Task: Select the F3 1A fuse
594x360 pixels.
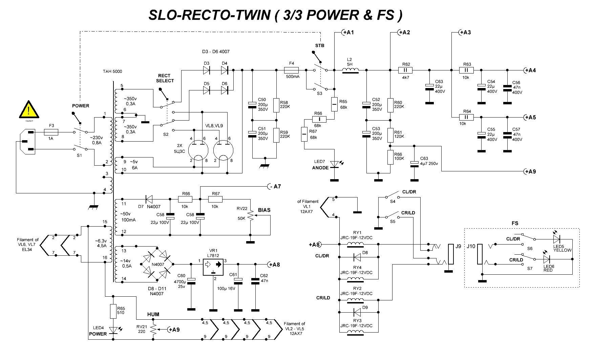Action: tap(51, 132)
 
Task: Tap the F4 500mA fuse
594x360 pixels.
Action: tap(291, 70)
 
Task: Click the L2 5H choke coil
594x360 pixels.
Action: tap(351, 70)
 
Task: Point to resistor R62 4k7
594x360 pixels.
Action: tap(406, 70)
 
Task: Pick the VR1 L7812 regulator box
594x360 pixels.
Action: tap(213, 264)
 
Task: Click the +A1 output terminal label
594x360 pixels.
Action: tap(347, 33)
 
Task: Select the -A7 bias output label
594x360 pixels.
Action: tap(275, 186)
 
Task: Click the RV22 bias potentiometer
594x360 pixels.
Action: tap(250, 215)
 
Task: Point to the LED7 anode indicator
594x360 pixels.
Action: tap(334, 164)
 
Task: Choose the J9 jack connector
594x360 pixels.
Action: tap(451, 254)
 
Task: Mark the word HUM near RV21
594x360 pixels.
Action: tap(153, 315)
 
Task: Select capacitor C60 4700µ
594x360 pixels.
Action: tap(191, 280)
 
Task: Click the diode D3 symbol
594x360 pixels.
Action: tap(207, 70)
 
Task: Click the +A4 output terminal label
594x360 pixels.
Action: tap(530, 70)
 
